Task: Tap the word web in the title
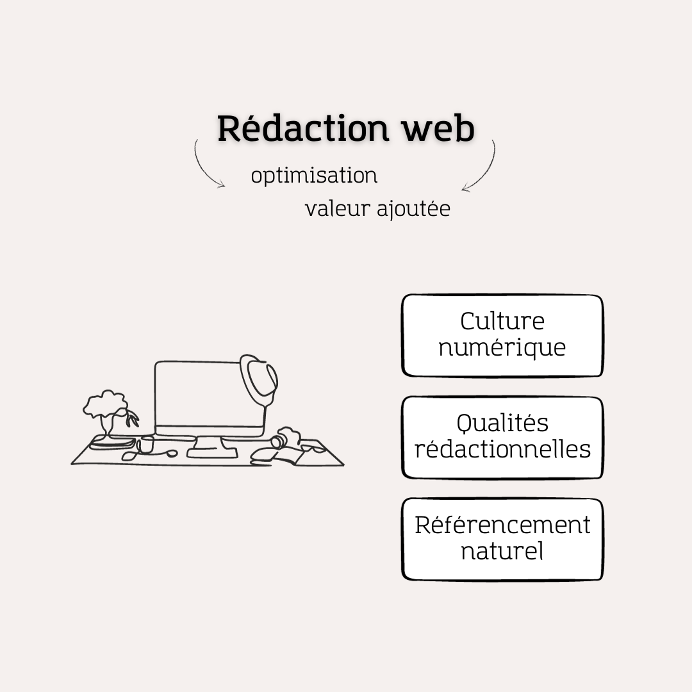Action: pyautogui.click(x=438, y=129)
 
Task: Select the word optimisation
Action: pyautogui.click(x=314, y=176)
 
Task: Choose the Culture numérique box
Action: pyautogui.click(x=502, y=335)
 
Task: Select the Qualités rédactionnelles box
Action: pyautogui.click(x=502, y=437)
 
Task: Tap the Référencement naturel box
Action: pyautogui.click(x=502, y=539)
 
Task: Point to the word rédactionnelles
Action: pyautogui.click(x=502, y=449)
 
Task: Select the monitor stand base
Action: pyautogui.click(x=211, y=452)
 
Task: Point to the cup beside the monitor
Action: pyautogui.click(x=147, y=444)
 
